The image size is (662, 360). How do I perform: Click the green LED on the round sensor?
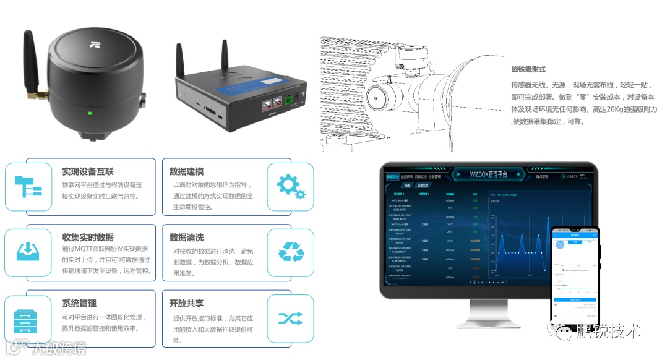click(x=90, y=113)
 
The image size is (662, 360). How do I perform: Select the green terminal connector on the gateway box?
click(x=288, y=98)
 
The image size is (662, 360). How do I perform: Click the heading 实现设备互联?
click(x=88, y=171)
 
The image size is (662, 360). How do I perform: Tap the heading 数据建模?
click(x=186, y=171)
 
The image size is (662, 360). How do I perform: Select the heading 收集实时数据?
click(x=88, y=238)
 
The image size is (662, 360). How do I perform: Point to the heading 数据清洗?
click(x=186, y=238)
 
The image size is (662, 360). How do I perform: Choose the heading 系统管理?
click(x=79, y=304)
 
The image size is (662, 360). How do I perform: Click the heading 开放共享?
click(x=186, y=304)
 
